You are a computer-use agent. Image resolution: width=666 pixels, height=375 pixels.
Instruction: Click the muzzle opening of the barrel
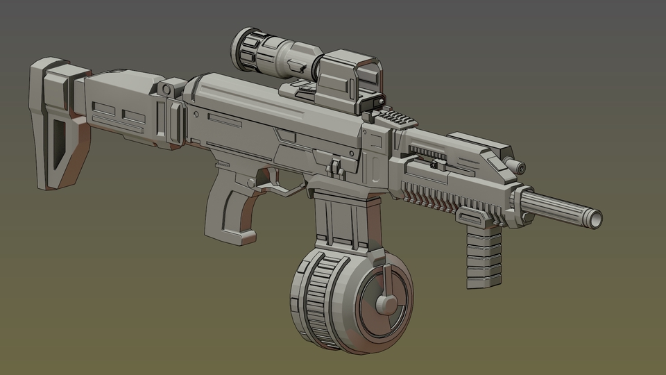595,219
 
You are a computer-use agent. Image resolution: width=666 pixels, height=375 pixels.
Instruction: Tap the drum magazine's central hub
386,303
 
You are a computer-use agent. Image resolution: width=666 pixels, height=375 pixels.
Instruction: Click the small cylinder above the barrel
515,166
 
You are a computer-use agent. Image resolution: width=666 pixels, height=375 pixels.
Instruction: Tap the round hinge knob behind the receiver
166,89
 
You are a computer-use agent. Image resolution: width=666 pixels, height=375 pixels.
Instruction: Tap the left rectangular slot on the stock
103,110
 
